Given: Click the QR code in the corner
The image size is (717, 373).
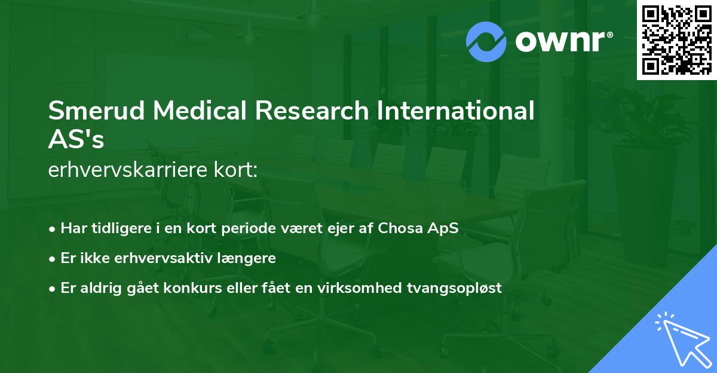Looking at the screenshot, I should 676,40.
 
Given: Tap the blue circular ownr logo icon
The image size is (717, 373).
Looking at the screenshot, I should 486,41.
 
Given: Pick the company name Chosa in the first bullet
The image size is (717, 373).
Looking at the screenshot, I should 400,228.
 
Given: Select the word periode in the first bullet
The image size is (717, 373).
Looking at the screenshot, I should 247,228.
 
